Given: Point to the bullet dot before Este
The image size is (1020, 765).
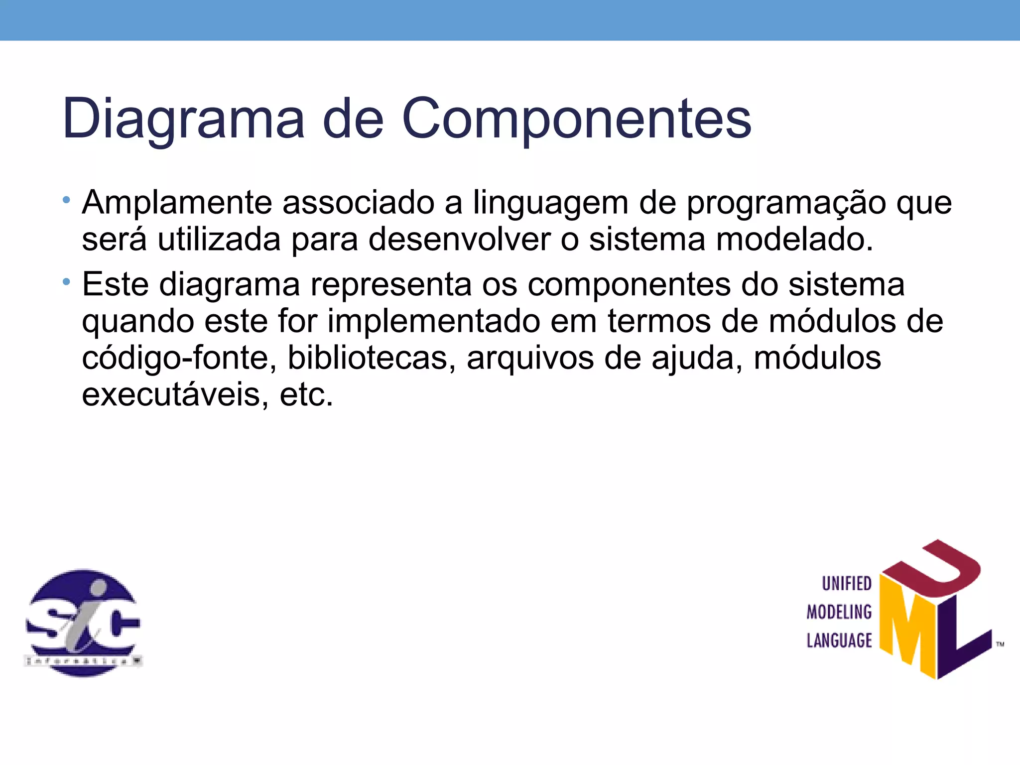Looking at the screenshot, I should (x=66, y=282).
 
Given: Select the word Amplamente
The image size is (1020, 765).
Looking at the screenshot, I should (x=177, y=203).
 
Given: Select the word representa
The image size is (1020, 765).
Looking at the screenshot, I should (x=391, y=285).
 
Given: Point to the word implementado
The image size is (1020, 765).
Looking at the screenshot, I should (x=433, y=321).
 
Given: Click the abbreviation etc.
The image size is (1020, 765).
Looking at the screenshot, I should (x=306, y=394).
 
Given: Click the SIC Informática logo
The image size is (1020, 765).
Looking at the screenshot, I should (x=83, y=623).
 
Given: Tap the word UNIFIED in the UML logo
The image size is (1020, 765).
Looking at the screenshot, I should (x=847, y=583).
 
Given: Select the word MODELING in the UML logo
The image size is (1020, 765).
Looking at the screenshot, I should (x=839, y=612).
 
